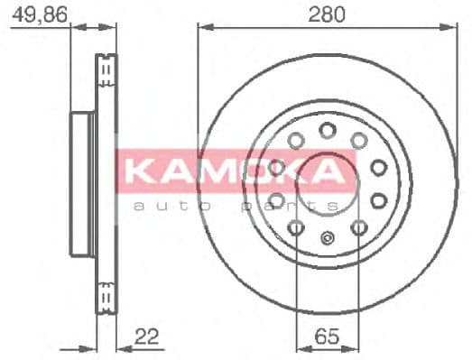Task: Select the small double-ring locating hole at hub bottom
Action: point(328,240)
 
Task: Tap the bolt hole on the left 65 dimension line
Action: point(297,226)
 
